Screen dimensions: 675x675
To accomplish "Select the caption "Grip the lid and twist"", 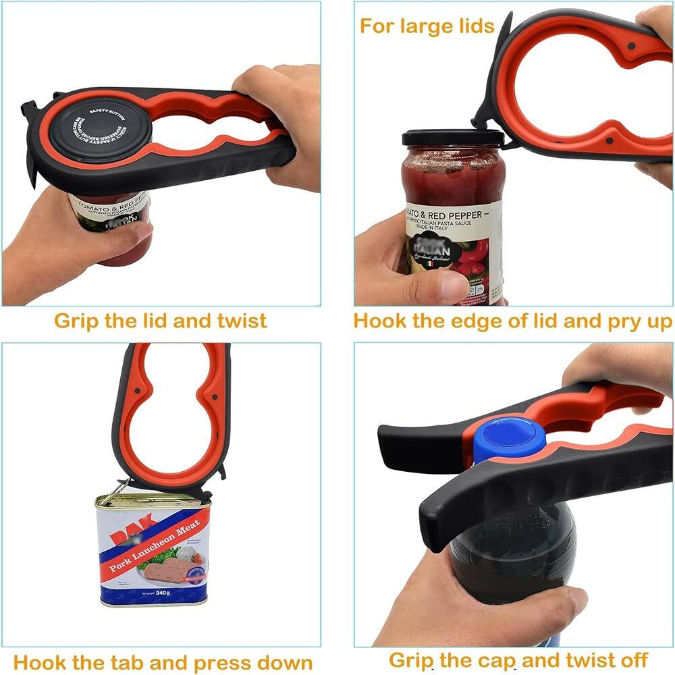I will [x=161, y=320].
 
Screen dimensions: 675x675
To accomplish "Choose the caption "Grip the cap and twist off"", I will [x=518, y=659].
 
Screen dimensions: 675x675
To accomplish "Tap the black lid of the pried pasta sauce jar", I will [x=453, y=138].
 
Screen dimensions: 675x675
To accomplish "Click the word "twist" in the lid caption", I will [x=240, y=320].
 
